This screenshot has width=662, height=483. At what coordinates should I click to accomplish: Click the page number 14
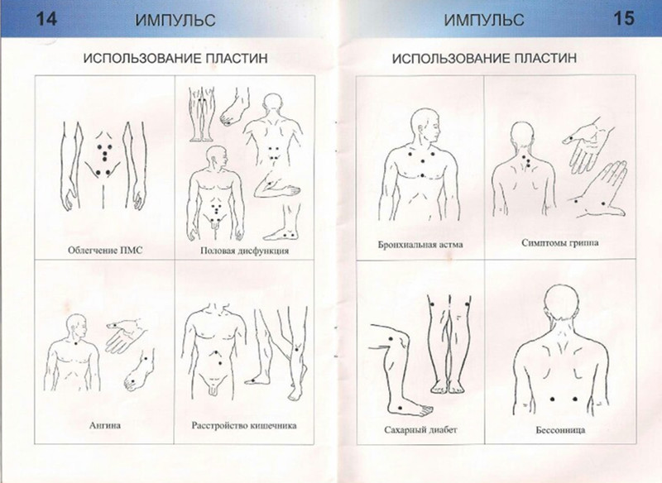pyautogui.click(x=46, y=19)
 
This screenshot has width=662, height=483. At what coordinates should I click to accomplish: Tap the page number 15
pyautogui.click(x=624, y=19)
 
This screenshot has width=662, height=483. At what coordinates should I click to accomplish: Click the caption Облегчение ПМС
pyautogui.click(x=105, y=250)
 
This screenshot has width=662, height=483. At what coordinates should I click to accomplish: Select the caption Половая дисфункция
pyautogui.click(x=244, y=251)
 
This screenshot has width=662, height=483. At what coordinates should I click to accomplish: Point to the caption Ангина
pyautogui.click(x=105, y=425)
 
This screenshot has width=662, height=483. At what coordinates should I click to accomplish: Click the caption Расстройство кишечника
pyautogui.click(x=244, y=425)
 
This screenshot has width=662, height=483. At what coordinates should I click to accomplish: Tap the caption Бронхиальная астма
pyautogui.click(x=420, y=245)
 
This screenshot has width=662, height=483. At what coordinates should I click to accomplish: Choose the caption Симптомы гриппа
pyautogui.click(x=560, y=243)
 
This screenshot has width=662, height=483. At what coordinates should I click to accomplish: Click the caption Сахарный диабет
pyautogui.click(x=420, y=430)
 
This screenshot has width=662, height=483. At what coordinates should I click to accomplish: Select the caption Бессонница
pyautogui.click(x=560, y=430)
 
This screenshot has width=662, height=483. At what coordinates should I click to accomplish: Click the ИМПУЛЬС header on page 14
pyautogui.click(x=175, y=20)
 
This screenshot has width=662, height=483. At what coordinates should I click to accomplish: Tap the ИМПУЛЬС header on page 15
pyautogui.click(x=484, y=20)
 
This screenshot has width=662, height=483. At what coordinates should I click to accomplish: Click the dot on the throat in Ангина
pyautogui.click(x=76, y=343)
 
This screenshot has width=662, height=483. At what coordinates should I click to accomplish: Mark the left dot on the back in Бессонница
pyautogui.click(x=553, y=399)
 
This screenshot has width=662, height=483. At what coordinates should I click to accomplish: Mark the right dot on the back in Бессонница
pyautogui.click(x=575, y=399)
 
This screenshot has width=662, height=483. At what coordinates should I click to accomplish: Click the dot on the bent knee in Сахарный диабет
pyautogui.click(x=390, y=339)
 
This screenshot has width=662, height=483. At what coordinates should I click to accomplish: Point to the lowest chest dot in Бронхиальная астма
pyautogui.click(x=422, y=175)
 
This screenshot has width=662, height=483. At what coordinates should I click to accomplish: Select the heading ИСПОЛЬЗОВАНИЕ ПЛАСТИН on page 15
pyautogui.click(x=484, y=58)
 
